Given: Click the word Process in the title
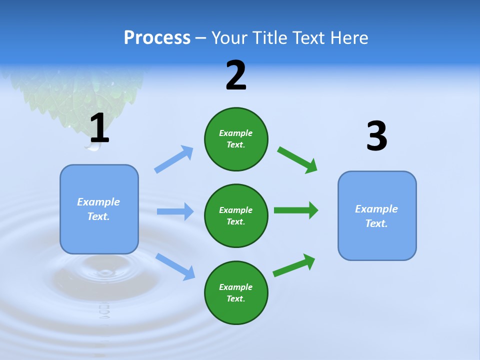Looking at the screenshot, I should pyautogui.click(x=157, y=38).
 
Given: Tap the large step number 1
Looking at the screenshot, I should pyautogui.click(x=99, y=128).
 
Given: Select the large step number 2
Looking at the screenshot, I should pyautogui.click(x=236, y=76).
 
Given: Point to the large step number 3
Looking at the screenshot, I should pyautogui.click(x=376, y=136).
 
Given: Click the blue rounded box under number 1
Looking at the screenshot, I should pyautogui.click(x=99, y=209).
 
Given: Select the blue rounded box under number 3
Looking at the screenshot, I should pyautogui.click(x=377, y=216).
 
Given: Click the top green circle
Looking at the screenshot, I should pyautogui.click(x=236, y=139).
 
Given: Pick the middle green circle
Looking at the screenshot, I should pyautogui.click(x=236, y=215).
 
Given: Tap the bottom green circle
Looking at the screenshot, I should pyautogui.click(x=236, y=292).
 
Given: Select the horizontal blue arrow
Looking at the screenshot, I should pyautogui.click(x=175, y=211).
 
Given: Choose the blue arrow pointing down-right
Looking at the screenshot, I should pyautogui.click(x=175, y=266).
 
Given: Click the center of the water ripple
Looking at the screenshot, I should pyautogui.click(x=105, y=272).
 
